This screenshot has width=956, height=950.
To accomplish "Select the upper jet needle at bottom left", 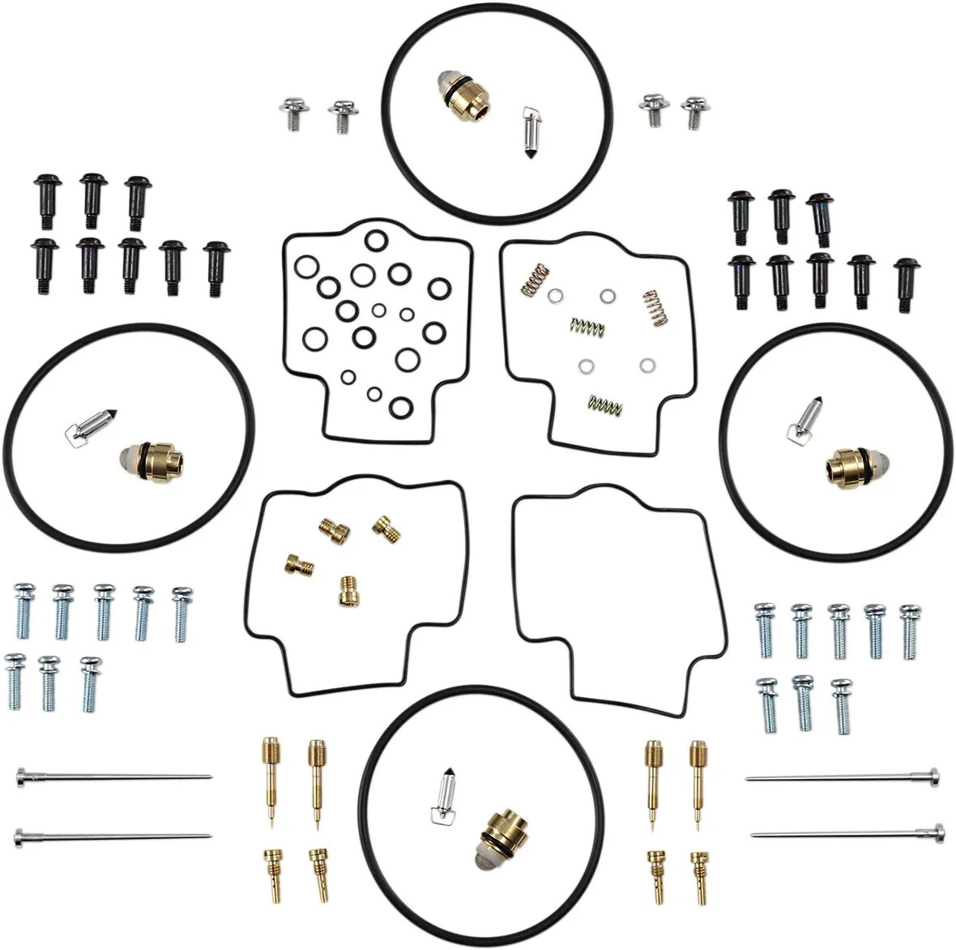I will (113, 778).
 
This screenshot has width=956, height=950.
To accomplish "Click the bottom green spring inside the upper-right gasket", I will (604, 403).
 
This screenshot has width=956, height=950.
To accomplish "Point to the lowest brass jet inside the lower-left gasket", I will (348, 588).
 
